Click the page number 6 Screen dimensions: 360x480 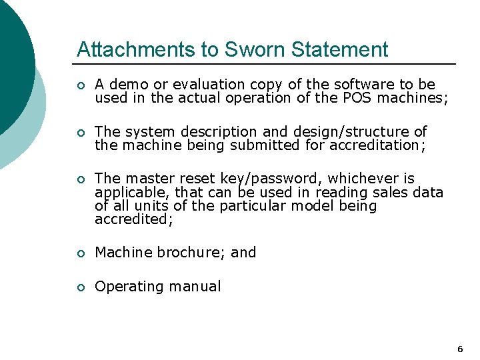tap(460, 349)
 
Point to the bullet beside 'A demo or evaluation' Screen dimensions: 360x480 tap(80, 85)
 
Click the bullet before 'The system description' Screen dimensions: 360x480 tap(80, 133)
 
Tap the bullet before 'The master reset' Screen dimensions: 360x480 tap(80, 179)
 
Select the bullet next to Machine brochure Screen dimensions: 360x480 tap(80, 253)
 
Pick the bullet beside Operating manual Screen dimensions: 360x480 tap(80, 287)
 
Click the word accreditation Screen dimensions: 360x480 tap(361, 145)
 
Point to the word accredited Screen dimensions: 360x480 tap(133, 219)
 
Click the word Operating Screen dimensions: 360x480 tap(129, 287)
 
